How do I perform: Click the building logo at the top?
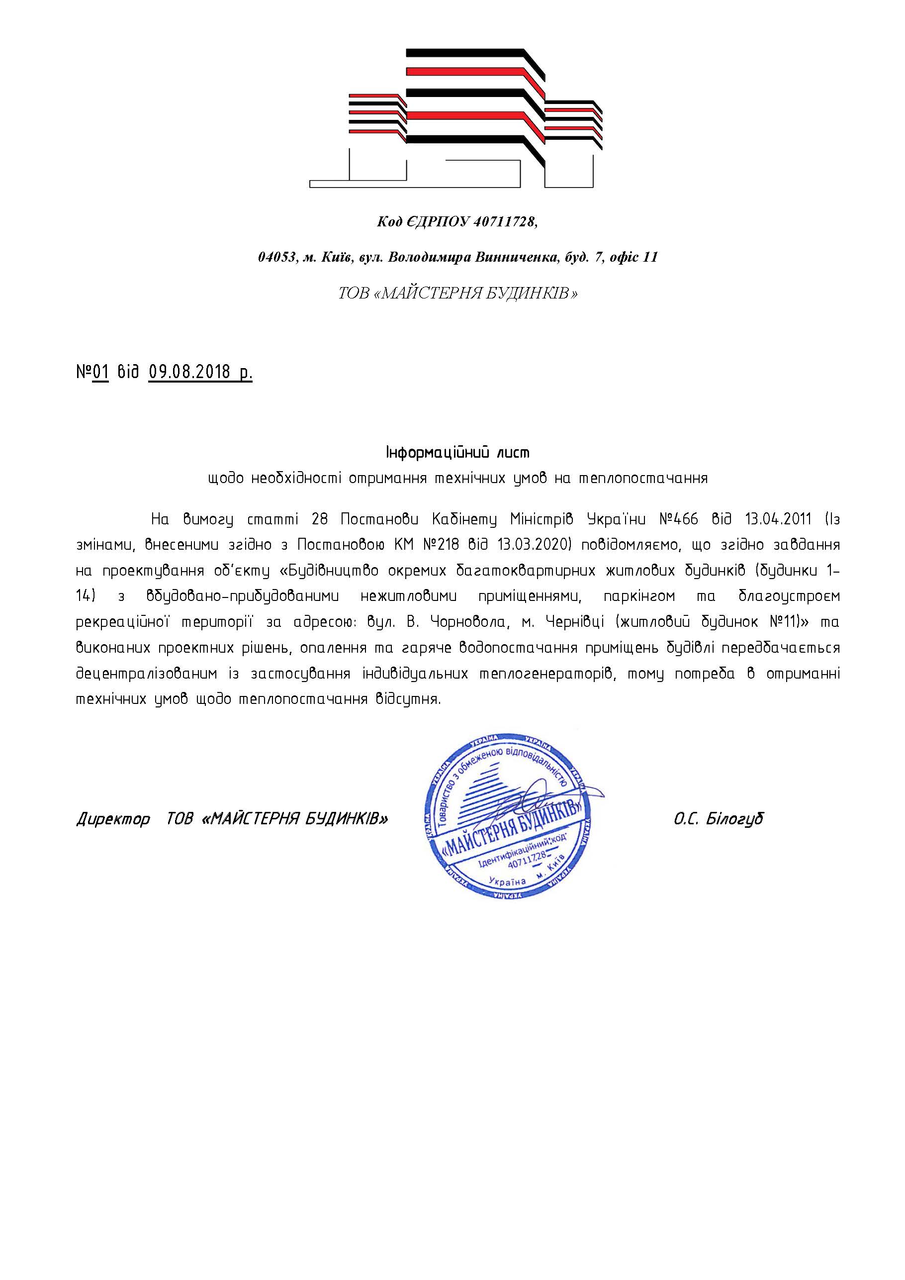point(456,118)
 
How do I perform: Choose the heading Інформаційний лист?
point(457,452)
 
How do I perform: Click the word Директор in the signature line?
point(113,819)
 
